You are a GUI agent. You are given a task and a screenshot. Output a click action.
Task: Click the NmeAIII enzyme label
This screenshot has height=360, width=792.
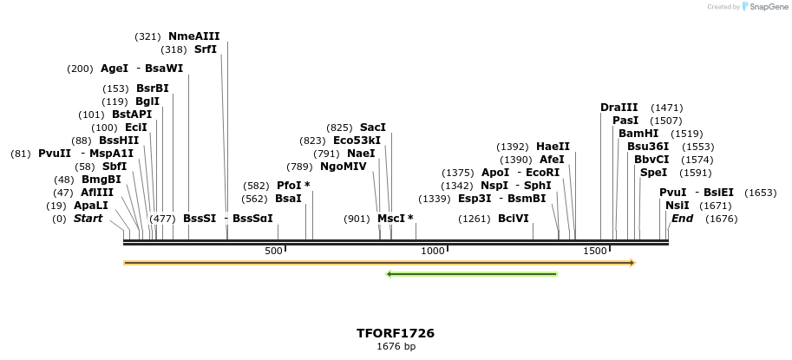pos(193,36)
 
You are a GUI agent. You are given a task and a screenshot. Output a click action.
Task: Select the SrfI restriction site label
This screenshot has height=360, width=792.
pos(205,49)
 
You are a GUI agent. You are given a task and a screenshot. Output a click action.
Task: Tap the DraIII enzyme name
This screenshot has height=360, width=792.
pos(619,108)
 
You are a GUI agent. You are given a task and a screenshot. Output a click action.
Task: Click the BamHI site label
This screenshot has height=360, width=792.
pos(638,134)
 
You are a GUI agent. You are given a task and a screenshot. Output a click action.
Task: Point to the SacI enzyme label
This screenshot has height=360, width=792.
pos(373,128)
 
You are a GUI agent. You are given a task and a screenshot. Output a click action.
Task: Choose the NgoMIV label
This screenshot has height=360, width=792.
pos(344,167)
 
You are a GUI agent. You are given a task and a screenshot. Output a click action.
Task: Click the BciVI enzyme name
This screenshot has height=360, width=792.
pos(514,219)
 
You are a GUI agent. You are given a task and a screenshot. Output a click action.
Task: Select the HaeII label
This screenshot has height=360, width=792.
pos(553,147)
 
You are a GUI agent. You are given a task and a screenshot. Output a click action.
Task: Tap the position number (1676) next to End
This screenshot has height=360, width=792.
pos(721,219)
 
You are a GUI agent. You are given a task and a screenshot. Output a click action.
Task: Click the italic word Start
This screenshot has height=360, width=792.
pos(88,219)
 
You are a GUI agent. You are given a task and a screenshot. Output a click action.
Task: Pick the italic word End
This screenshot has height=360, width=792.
pos(682,219)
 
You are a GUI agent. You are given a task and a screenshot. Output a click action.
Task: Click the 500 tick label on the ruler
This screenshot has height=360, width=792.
pos(273,251)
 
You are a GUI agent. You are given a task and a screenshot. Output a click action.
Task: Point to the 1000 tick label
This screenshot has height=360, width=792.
pos(432,251)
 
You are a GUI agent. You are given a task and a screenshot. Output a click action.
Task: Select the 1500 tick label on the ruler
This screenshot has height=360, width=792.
pos(594,251)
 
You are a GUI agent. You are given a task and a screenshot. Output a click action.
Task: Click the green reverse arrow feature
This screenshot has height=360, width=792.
pos(471,274)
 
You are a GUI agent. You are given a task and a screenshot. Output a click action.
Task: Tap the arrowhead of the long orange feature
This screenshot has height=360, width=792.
pos(632,262)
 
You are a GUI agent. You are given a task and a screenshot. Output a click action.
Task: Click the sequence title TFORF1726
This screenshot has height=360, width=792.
pos(396,333)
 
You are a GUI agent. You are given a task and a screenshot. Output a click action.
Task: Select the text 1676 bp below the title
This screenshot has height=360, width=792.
pos(396,347)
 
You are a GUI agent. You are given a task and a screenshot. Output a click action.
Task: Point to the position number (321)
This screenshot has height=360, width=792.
pos(148,36)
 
